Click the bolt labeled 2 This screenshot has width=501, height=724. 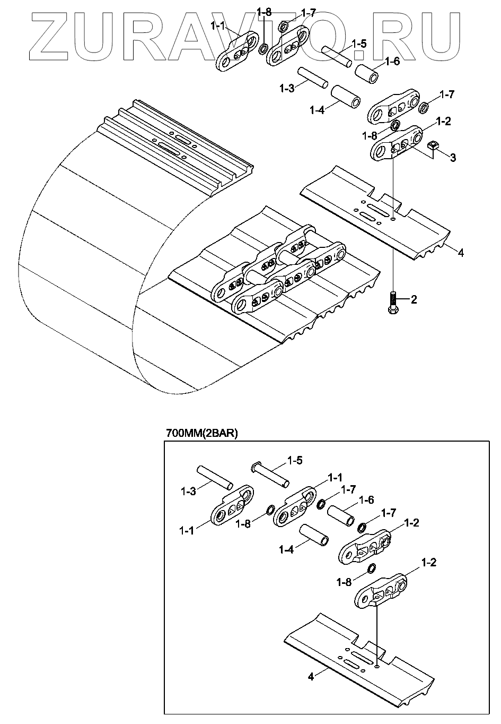coord(392,300)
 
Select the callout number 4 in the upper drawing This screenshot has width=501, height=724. coord(461,253)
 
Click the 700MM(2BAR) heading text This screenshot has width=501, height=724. coord(202,433)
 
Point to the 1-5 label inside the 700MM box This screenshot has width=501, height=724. coord(295,460)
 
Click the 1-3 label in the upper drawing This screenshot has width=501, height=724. coord(287,88)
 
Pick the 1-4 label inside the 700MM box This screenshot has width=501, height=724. coord(286,550)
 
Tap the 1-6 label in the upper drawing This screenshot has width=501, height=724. coord(392,61)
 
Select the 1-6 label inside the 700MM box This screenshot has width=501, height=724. coord(366,499)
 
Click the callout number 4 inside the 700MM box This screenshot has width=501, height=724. coord(311,676)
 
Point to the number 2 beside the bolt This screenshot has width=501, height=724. coord(414,300)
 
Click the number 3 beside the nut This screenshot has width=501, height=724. coord(453,157)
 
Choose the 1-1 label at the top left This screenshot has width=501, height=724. coord(218,25)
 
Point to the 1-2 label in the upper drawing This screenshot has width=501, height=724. coord(443,121)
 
